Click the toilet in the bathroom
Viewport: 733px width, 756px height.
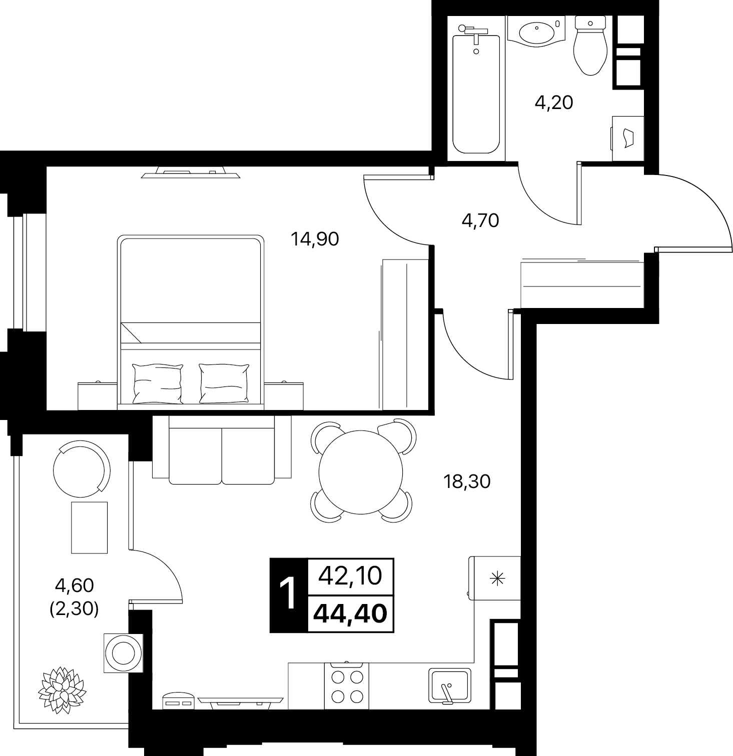click(x=590, y=45)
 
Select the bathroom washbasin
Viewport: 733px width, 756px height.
click(x=536, y=31)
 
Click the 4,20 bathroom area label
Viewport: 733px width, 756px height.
click(x=554, y=102)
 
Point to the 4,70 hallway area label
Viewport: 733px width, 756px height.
click(x=480, y=220)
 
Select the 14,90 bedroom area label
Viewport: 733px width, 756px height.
click(x=315, y=239)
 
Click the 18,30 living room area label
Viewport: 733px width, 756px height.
click(x=467, y=481)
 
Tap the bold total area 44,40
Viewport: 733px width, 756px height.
click(x=350, y=613)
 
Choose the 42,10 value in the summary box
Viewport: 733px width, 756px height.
click(x=350, y=576)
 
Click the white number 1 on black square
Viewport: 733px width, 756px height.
click(x=288, y=595)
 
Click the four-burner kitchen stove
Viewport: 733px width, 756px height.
click(x=347, y=685)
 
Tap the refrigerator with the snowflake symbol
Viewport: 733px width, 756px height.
click(x=495, y=578)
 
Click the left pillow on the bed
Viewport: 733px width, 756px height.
click(x=157, y=383)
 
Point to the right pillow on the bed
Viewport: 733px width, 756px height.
click(x=224, y=383)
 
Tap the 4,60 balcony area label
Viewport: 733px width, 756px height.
click(x=75, y=584)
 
